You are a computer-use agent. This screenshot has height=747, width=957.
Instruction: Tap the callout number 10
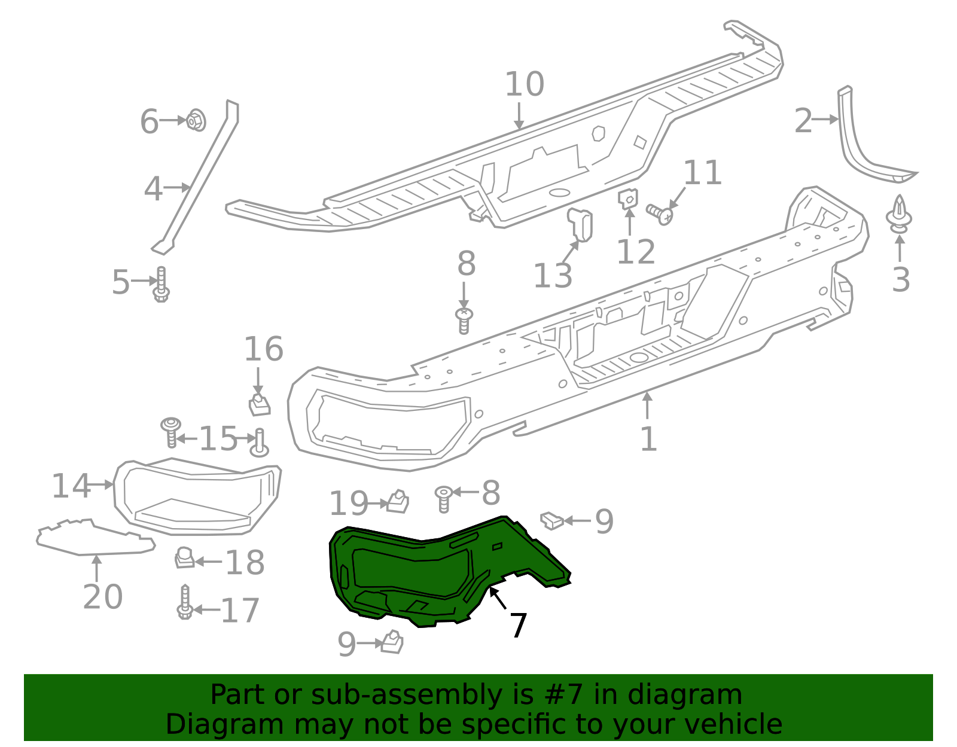pos(525,84)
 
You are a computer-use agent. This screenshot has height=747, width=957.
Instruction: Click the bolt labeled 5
pos(161,286)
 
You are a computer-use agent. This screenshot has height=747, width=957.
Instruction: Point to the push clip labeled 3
pos(899,214)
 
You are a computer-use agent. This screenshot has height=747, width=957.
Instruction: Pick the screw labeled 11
pos(660,212)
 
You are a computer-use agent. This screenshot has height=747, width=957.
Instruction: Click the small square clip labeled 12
pos(628,198)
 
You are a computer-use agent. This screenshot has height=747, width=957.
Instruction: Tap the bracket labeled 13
pos(581,224)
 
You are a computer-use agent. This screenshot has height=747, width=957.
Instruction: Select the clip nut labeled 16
pos(259,404)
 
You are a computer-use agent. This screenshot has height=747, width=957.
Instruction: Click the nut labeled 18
pos(185,559)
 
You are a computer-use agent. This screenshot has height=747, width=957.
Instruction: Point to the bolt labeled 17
pos(185,603)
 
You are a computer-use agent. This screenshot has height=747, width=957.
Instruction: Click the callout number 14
pos(71,486)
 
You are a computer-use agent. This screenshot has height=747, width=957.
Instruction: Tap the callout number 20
pos(102,596)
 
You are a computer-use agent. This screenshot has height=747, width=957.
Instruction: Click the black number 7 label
pos(518,626)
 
